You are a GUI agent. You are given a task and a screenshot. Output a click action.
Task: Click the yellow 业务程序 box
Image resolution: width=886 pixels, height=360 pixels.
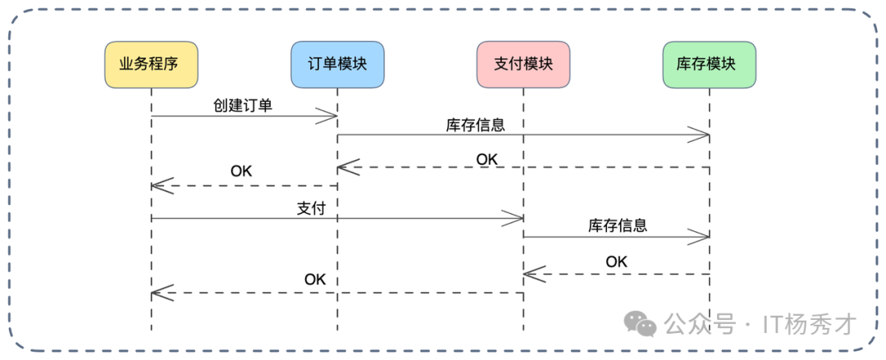coord(151,65)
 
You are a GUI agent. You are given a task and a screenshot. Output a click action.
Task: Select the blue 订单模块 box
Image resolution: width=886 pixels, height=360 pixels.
coord(337,65)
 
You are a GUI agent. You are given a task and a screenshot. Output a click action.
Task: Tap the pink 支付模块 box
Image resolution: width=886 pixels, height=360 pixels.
coord(523,65)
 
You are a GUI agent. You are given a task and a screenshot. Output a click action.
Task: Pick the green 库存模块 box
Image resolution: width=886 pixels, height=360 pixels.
coord(709,65)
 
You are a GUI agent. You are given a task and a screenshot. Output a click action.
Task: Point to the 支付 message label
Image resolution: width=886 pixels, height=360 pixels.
coord(311,208)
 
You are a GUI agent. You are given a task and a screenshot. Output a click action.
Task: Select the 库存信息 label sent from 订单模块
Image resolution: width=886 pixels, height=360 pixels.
coord(475,125)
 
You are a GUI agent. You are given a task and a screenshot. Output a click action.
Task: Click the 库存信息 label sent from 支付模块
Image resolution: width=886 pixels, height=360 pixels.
coord(617,226)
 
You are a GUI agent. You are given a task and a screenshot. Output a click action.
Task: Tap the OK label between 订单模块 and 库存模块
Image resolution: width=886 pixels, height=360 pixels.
coord(486,158)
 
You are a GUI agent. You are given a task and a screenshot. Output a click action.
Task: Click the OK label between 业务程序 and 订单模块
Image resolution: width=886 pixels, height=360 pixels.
coord(241,171)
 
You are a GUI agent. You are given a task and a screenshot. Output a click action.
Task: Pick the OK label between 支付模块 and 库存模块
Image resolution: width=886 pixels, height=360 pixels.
coord(616,262)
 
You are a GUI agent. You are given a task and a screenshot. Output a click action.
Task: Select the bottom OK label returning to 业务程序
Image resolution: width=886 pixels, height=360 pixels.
coord(315,279)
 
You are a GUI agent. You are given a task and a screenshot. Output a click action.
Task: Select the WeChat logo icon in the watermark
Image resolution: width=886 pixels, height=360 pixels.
coord(641,324)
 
